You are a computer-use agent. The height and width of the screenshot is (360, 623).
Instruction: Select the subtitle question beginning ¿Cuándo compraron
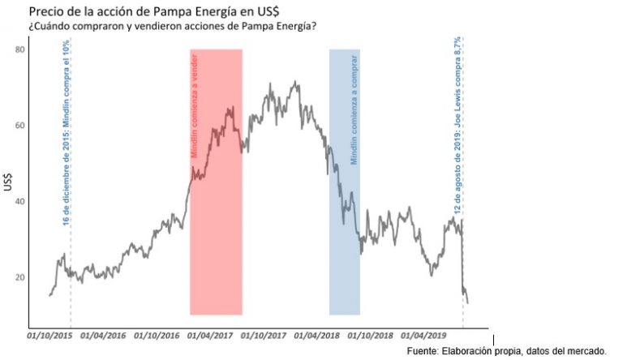click(x=172, y=27)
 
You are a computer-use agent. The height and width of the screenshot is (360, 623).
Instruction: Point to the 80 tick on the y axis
click(x=20, y=50)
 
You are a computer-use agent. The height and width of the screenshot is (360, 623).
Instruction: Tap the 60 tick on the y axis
click(x=20, y=126)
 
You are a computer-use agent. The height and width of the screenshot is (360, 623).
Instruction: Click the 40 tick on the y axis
click(x=20, y=201)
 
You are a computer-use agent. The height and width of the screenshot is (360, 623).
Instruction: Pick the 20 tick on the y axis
click(x=20, y=277)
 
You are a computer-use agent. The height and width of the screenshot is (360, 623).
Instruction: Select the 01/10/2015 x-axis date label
click(x=49, y=334)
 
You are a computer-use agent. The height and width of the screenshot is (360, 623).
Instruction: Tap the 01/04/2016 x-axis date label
click(x=104, y=334)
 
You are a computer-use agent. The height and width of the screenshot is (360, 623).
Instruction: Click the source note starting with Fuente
click(x=507, y=350)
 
